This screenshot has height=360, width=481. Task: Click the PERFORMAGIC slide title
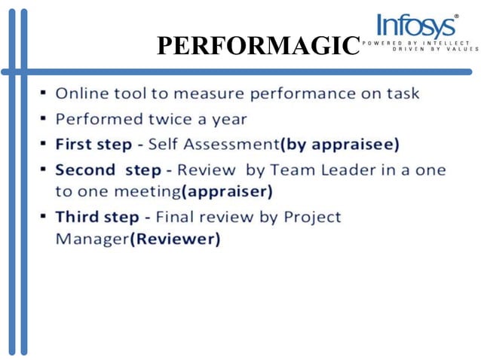[x=256, y=47]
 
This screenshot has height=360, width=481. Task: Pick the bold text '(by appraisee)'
[x=339, y=143]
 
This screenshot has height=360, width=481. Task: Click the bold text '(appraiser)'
[x=227, y=191]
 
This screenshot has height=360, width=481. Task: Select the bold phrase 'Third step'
[x=97, y=217]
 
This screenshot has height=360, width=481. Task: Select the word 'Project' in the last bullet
[x=312, y=217]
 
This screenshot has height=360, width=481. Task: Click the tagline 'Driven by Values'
[x=435, y=50]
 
